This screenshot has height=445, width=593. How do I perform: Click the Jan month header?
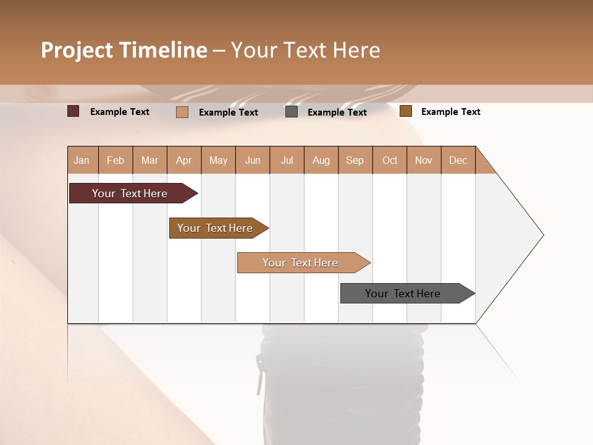(x=82, y=160)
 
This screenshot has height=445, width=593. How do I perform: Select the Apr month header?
(x=183, y=160)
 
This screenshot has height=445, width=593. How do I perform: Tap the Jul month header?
(x=287, y=160)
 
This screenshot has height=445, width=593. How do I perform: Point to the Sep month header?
(x=355, y=160)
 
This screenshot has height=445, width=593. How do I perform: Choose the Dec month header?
(x=458, y=160)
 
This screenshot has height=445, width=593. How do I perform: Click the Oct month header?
(x=390, y=160)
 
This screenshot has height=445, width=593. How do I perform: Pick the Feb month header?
(x=116, y=160)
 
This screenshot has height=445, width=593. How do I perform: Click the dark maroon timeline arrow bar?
(x=130, y=193)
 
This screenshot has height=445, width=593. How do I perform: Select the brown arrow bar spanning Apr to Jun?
(x=215, y=228)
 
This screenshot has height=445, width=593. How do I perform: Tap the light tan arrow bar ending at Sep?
(x=300, y=263)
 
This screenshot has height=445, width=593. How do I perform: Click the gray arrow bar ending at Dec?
(x=403, y=294)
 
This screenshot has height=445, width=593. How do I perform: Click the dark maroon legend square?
(x=73, y=111)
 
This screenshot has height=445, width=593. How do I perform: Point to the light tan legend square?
(x=182, y=112)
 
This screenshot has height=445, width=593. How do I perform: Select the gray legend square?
(x=292, y=112)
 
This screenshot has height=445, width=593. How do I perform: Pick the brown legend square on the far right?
(x=405, y=111)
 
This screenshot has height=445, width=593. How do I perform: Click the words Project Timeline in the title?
(x=124, y=50)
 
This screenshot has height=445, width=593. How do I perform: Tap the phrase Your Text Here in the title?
(x=305, y=50)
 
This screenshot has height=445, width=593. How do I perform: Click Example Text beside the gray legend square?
(x=337, y=112)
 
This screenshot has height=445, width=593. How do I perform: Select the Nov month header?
(x=424, y=160)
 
